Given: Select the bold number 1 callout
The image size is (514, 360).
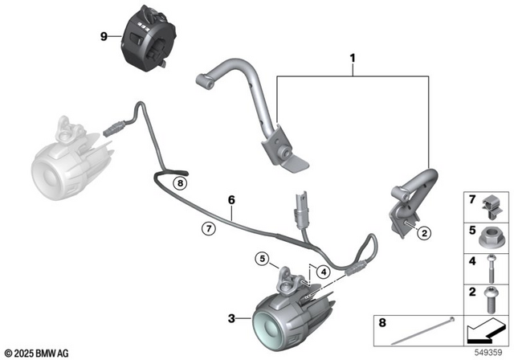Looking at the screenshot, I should coord(352,59).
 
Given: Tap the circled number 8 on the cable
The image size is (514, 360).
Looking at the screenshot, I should coord(181,183).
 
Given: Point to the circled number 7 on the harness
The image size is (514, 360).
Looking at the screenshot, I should coord(207,229).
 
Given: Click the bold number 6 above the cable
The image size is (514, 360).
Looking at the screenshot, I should coord(230,198).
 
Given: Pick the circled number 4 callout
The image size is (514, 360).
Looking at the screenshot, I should coord(321,272).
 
